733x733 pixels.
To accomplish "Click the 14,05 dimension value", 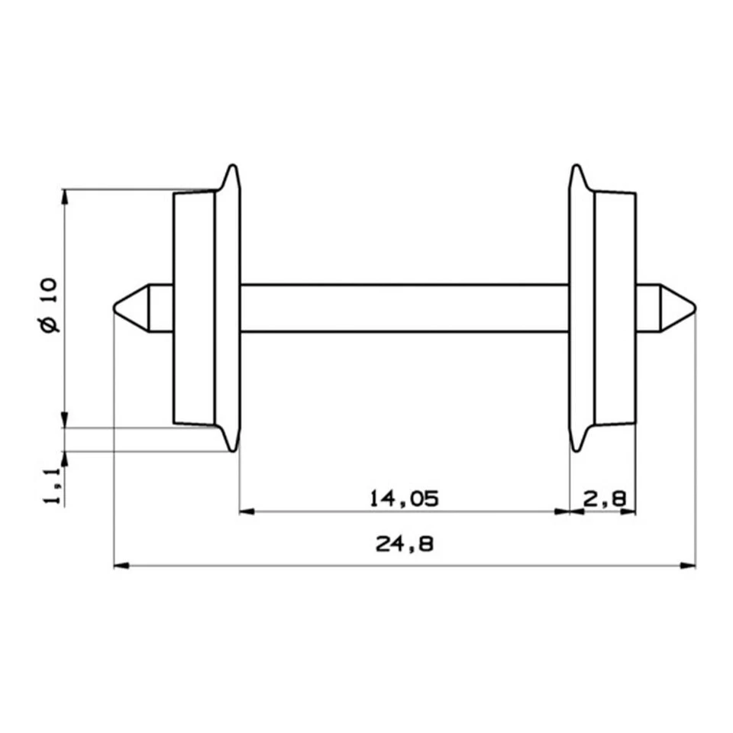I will (404, 499).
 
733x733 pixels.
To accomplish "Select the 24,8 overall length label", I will (404, 544).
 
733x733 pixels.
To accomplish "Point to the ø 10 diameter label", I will (47, 305).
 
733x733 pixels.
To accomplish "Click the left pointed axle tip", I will (117, 308).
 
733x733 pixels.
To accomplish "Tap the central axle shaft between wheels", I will (404, 308).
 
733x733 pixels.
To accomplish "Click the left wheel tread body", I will (194, 308).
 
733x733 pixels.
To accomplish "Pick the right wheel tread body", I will (615, 308).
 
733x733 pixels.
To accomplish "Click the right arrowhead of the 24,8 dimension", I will (689, 566).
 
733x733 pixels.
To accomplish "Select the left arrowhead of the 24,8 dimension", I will (120, 566).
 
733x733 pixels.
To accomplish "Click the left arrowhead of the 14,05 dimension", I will (246, 512).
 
